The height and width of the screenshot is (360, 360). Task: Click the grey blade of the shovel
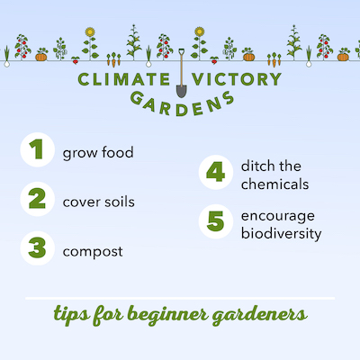click(x=180, y=88)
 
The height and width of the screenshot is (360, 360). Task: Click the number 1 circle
click(x=36, y=151)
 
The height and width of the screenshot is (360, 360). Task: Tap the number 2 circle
click(x=36, y=200)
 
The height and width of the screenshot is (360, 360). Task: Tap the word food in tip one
click(x=116, y=152)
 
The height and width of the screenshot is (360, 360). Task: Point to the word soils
click(x=118, y=201)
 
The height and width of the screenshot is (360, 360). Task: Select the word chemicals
click(x=275, y=184)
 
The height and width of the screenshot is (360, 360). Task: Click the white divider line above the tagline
click(x=180, y=298)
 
